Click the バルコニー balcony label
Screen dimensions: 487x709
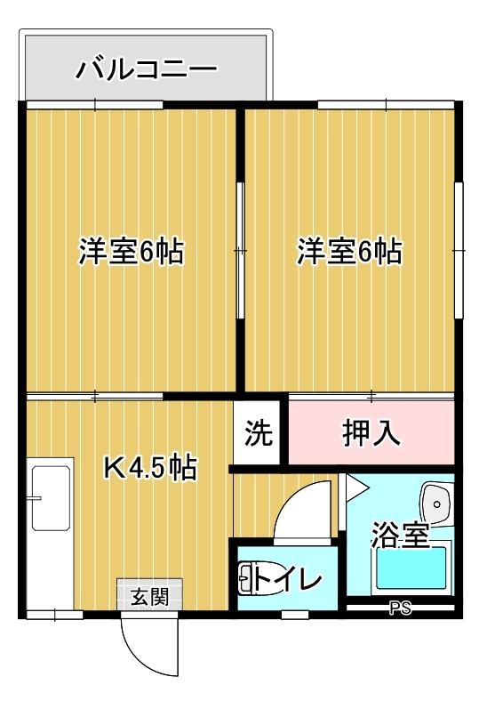(x=147, y=70)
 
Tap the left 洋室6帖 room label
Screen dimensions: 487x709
(x=132, y=252)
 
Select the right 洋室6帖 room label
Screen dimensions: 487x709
(x=349, y=251)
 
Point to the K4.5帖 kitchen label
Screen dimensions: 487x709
(x=150, y=468)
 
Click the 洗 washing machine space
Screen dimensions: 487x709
(x=259, y=432)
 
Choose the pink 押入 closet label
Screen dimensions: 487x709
(x=371, y=432)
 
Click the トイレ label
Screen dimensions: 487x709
(x=288, y=579)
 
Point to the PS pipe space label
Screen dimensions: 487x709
(x=401, y=608)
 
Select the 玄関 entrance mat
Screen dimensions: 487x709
(x=150, y=594)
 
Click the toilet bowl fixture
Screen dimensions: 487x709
(x=247, y=578)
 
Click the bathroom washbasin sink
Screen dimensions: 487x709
(x=436, y=504)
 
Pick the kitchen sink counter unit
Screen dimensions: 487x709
(x=50, y=534)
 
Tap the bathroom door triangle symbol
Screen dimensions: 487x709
(x=357, y=487)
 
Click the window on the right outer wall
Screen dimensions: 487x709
(x=459, y=250)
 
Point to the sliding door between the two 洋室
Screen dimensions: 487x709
(x=241, y=251)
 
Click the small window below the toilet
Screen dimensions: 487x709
(x=295, y=615)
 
